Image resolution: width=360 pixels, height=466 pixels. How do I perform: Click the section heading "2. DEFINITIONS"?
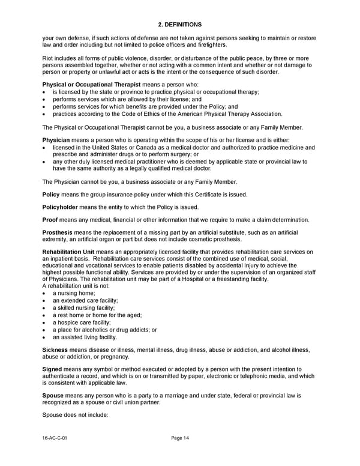[179, 24]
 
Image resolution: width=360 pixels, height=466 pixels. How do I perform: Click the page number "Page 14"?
[180, 438]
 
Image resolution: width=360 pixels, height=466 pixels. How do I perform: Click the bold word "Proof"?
[51, 220]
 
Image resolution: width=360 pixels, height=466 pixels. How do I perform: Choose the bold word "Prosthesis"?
[57, 232]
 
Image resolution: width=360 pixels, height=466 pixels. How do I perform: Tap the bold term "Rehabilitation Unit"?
[68, 252]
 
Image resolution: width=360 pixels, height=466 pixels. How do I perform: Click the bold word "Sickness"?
[55, 349]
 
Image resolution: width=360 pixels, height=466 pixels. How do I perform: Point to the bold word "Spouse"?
[53, 395]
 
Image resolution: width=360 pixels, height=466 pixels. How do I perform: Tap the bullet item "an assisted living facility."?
[85, 337]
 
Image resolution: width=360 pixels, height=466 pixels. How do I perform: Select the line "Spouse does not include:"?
[75, 414]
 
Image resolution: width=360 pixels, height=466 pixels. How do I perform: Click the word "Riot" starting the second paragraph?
[48, 58]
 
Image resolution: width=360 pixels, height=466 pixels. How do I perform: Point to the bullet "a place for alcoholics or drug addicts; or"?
[104, 330]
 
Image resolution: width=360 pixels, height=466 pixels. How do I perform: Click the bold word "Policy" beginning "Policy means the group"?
[51, 195]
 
